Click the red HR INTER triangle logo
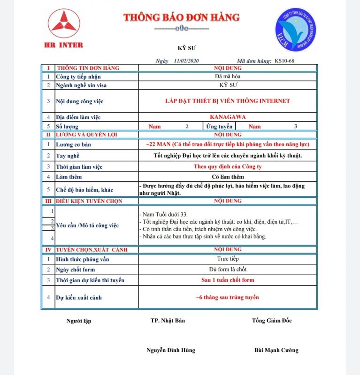[x=65, y=24]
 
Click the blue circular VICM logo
[x=296, y=30]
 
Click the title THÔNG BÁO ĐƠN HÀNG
[x=181, y=18]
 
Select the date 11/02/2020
[x=186, y=60]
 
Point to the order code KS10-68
[x=284, y=60]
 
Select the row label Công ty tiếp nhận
[x=78, y=76]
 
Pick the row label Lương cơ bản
[x=74, y=145]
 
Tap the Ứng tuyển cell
[x=219, y=126]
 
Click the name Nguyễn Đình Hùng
[x=170, y=350]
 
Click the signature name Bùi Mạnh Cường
[x=276, y=350]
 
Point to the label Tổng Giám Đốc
[x=271, y=321]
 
